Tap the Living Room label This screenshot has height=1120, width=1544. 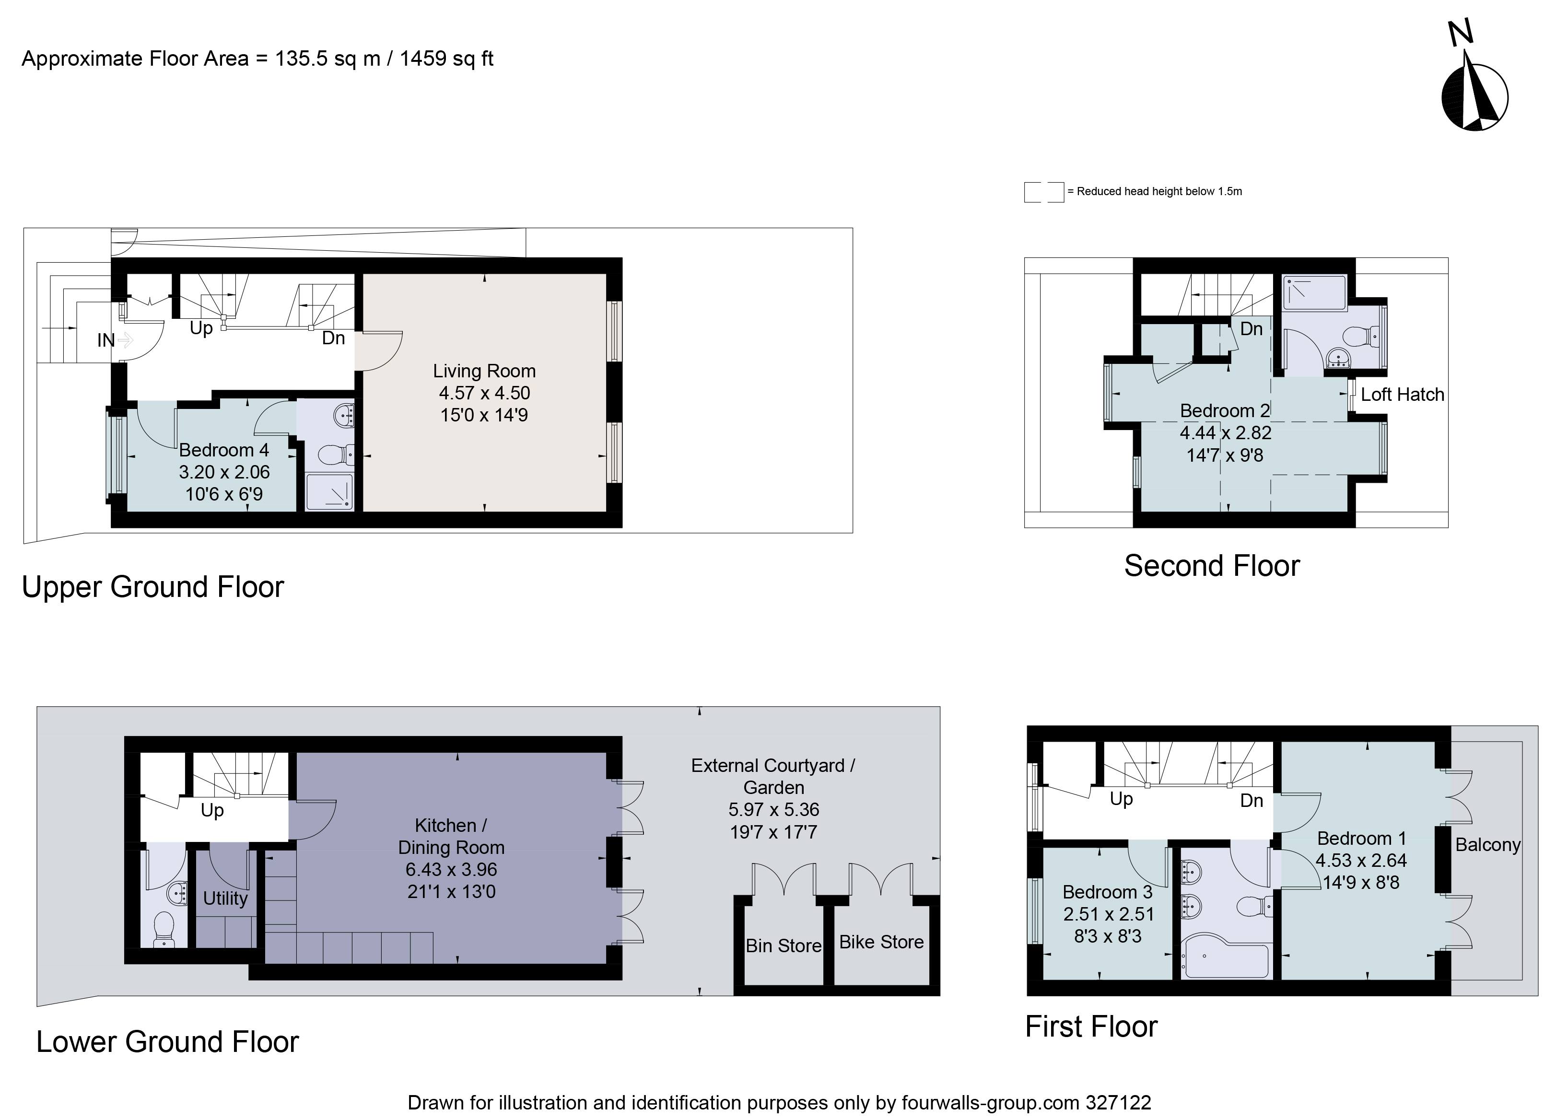click(x=484, y=371)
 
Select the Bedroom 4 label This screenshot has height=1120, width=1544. click(x=224, y=450)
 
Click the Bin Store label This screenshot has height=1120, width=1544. click(x=784, y=945)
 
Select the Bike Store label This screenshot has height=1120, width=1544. click(x=881, y=942)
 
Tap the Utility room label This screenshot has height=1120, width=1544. click(x=225, y=898)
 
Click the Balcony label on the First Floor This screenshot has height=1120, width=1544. click(x=1487, y=845)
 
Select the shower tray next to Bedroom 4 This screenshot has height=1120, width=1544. click(x=329, y=491)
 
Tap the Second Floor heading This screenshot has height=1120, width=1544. click(x=1212, y=566)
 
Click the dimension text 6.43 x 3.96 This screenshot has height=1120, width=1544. click(x=451, y=869)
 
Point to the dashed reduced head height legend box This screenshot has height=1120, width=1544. click(x=1043, y=192)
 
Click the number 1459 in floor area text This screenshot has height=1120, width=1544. click(x=423, y=59)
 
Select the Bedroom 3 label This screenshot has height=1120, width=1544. click(x=1107, y=892)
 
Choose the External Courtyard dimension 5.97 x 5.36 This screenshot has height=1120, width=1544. click(x=773, y=809)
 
